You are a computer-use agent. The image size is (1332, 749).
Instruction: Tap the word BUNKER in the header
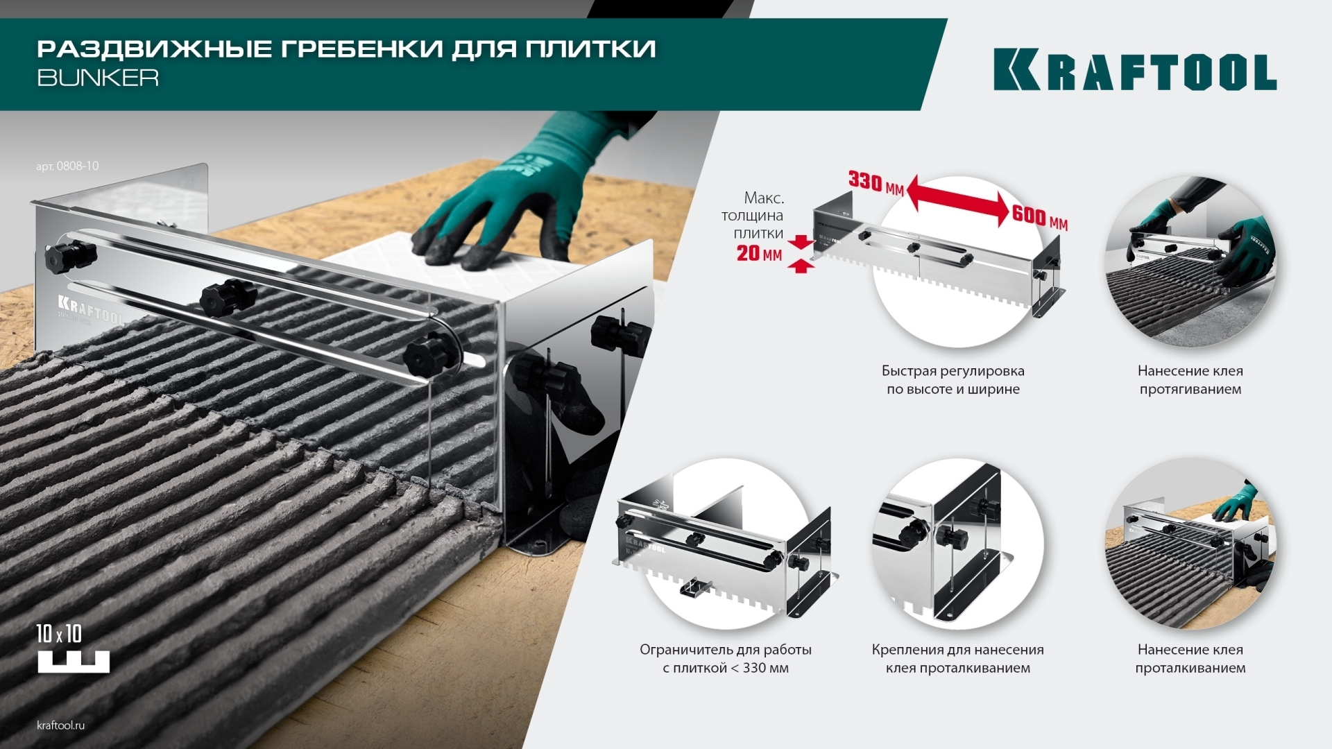[98, 77]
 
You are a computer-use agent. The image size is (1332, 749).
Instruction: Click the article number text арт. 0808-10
[67, 166]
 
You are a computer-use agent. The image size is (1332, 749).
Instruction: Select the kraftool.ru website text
[60, 725]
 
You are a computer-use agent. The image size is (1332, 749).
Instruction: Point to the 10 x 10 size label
[59, 634]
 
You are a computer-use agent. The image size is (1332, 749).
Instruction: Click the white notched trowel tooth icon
[74, 662]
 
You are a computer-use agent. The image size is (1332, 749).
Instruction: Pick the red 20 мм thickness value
[759, 253]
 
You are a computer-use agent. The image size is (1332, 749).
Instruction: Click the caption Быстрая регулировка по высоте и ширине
[953, 380]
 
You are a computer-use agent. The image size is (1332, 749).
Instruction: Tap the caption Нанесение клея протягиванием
[1190, 380]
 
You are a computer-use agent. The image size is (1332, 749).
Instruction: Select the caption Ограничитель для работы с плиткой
[726, 659]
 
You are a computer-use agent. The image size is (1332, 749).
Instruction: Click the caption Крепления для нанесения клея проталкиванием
[958, 659]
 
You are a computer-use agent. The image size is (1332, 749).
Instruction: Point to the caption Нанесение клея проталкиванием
[1190, 659]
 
